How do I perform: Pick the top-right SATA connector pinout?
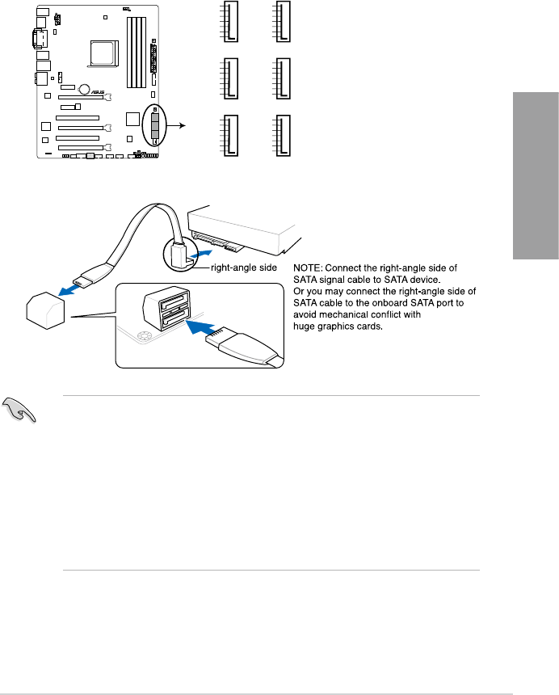tap(282, 22)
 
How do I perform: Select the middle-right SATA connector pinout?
tap(282, 79)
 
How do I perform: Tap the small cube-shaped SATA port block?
tap(46, 310)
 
